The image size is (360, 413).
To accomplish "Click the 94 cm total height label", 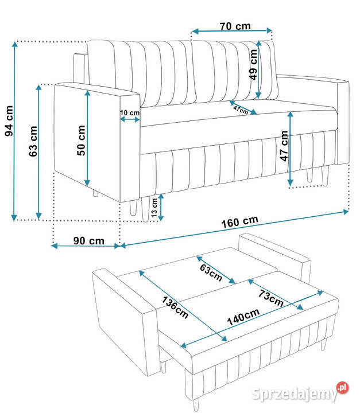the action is [9, 121].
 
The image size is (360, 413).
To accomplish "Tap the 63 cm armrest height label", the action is [33, 142].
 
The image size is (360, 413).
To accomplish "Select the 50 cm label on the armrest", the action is [81, 141].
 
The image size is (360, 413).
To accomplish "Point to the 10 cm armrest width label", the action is [130, 113].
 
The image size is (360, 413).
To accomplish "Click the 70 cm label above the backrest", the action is [235, 26].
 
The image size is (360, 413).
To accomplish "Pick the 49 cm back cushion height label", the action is [253, 64].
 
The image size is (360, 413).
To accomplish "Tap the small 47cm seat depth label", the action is [241, 110].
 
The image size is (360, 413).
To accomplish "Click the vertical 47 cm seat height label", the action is [284, 146].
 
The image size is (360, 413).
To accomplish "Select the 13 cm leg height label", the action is [154, 208].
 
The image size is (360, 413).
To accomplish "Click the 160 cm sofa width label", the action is [239, 222].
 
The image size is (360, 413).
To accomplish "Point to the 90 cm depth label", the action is [89, 241].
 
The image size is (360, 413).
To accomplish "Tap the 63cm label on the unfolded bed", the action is [211, 272].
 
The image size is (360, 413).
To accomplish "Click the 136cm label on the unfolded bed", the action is [175, 307].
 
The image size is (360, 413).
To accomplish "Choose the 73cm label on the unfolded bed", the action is [271, 298].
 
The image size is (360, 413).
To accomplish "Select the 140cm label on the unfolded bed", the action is [243, 317].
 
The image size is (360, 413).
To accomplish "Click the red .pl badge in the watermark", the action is [342, 387].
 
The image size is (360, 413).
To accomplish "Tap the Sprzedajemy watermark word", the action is [295, 394].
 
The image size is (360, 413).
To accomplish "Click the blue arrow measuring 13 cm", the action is [161, 207].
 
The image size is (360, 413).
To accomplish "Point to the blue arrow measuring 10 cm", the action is [130, 119].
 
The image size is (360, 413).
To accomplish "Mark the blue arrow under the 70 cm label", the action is [232, 31].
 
